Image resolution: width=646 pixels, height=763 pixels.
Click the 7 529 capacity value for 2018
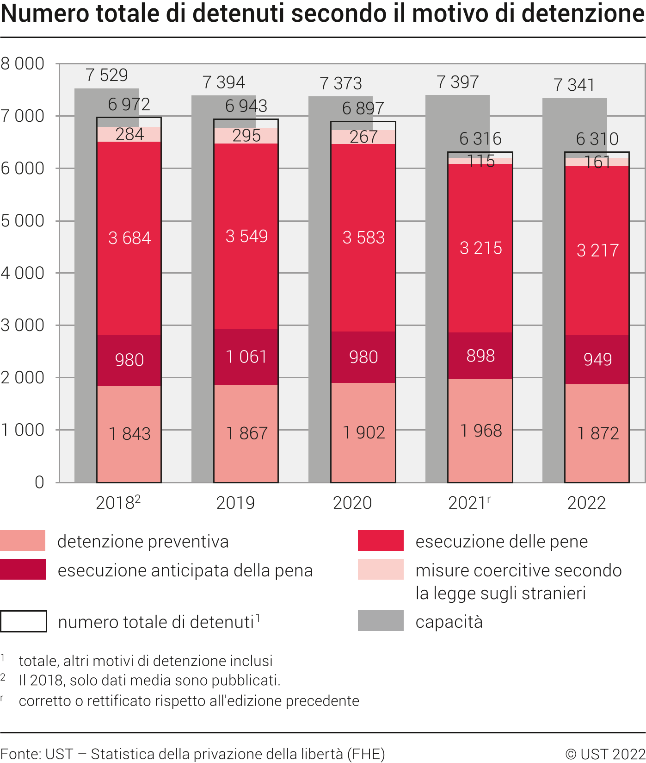[x=107, y=75]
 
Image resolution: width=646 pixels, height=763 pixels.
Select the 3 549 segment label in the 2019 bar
[x=246, y=236]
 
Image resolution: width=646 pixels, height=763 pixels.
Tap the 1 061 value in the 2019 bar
[x=246, y=356]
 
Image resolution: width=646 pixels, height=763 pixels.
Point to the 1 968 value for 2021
[x=481, y=431]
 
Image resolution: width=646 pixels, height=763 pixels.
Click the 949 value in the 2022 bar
[x=597, y=359]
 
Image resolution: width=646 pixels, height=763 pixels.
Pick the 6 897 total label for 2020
[x=363, y=108]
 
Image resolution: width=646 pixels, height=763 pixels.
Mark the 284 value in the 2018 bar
[x=129, y=134]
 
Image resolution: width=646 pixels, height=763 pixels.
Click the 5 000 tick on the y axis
[x=23, y=221]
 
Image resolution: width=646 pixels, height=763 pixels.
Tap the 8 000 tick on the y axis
[x=23, y=63]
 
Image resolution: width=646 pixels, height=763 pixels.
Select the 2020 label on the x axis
[x=352, y=503]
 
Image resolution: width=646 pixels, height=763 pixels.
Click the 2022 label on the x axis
[x=586, y=503]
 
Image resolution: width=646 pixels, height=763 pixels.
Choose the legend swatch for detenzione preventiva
[x=23, y=540]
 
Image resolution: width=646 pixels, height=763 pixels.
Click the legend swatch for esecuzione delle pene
[x=381, y=540]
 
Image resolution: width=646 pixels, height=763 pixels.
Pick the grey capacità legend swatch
[x=381, y=621]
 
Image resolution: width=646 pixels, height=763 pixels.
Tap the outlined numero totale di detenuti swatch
[x=24, y=621]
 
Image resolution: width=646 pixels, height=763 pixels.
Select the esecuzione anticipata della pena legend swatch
[x=23, y=569]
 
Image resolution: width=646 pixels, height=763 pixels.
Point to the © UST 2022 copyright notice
[x=605, y=754]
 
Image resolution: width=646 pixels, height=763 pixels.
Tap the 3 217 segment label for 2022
[x=597, y=250]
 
